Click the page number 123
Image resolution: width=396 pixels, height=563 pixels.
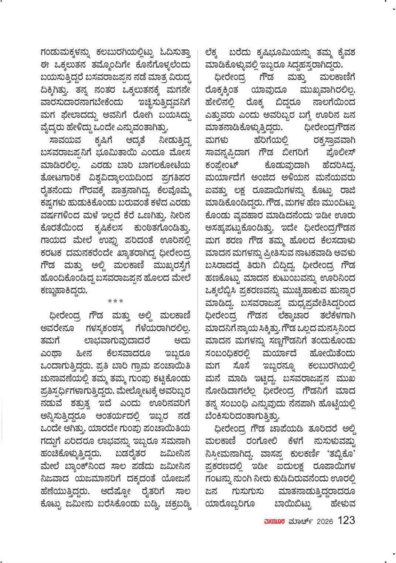[346, 521]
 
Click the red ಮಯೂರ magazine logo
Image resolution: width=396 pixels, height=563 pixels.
[271, 521]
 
